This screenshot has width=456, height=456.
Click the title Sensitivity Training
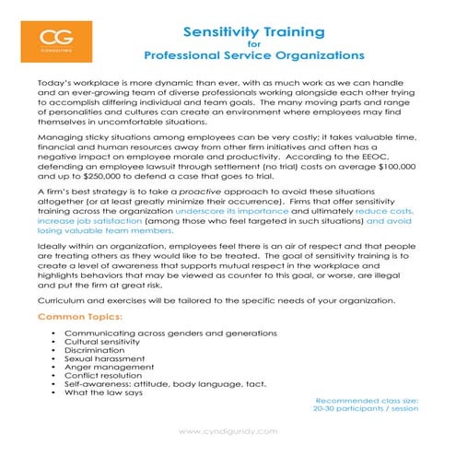[255, 32]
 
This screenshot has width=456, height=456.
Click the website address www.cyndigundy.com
[227, 432]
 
